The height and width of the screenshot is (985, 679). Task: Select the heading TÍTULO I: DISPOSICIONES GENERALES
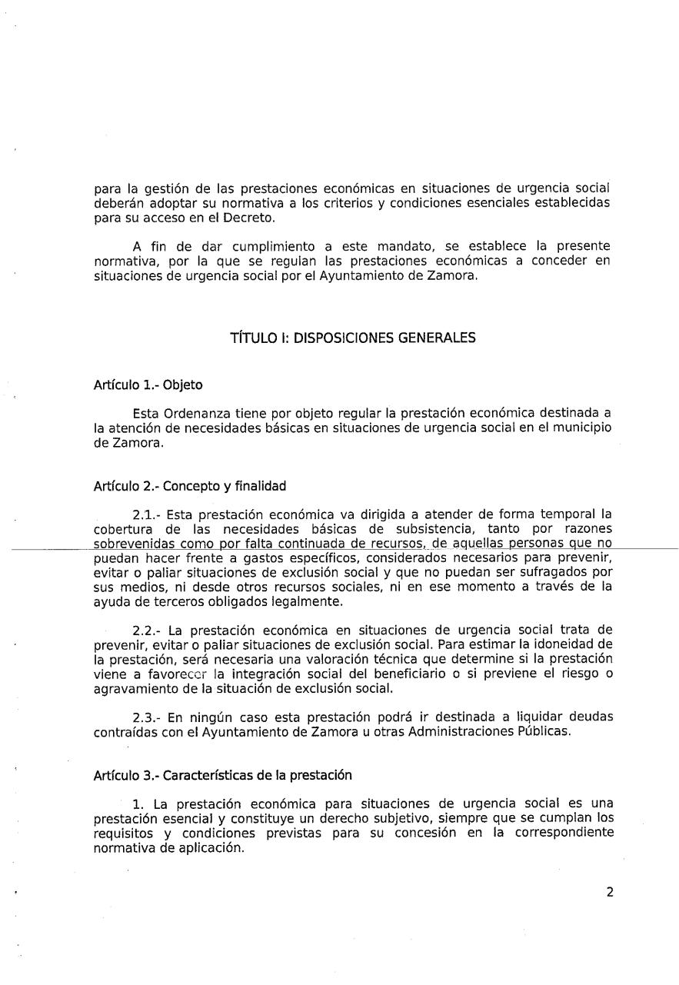click(x=353, y=338)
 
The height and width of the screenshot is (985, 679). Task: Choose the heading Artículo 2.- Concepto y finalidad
click(x=189, y=486)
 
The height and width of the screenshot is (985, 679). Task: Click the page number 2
click(x=609, y=893)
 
